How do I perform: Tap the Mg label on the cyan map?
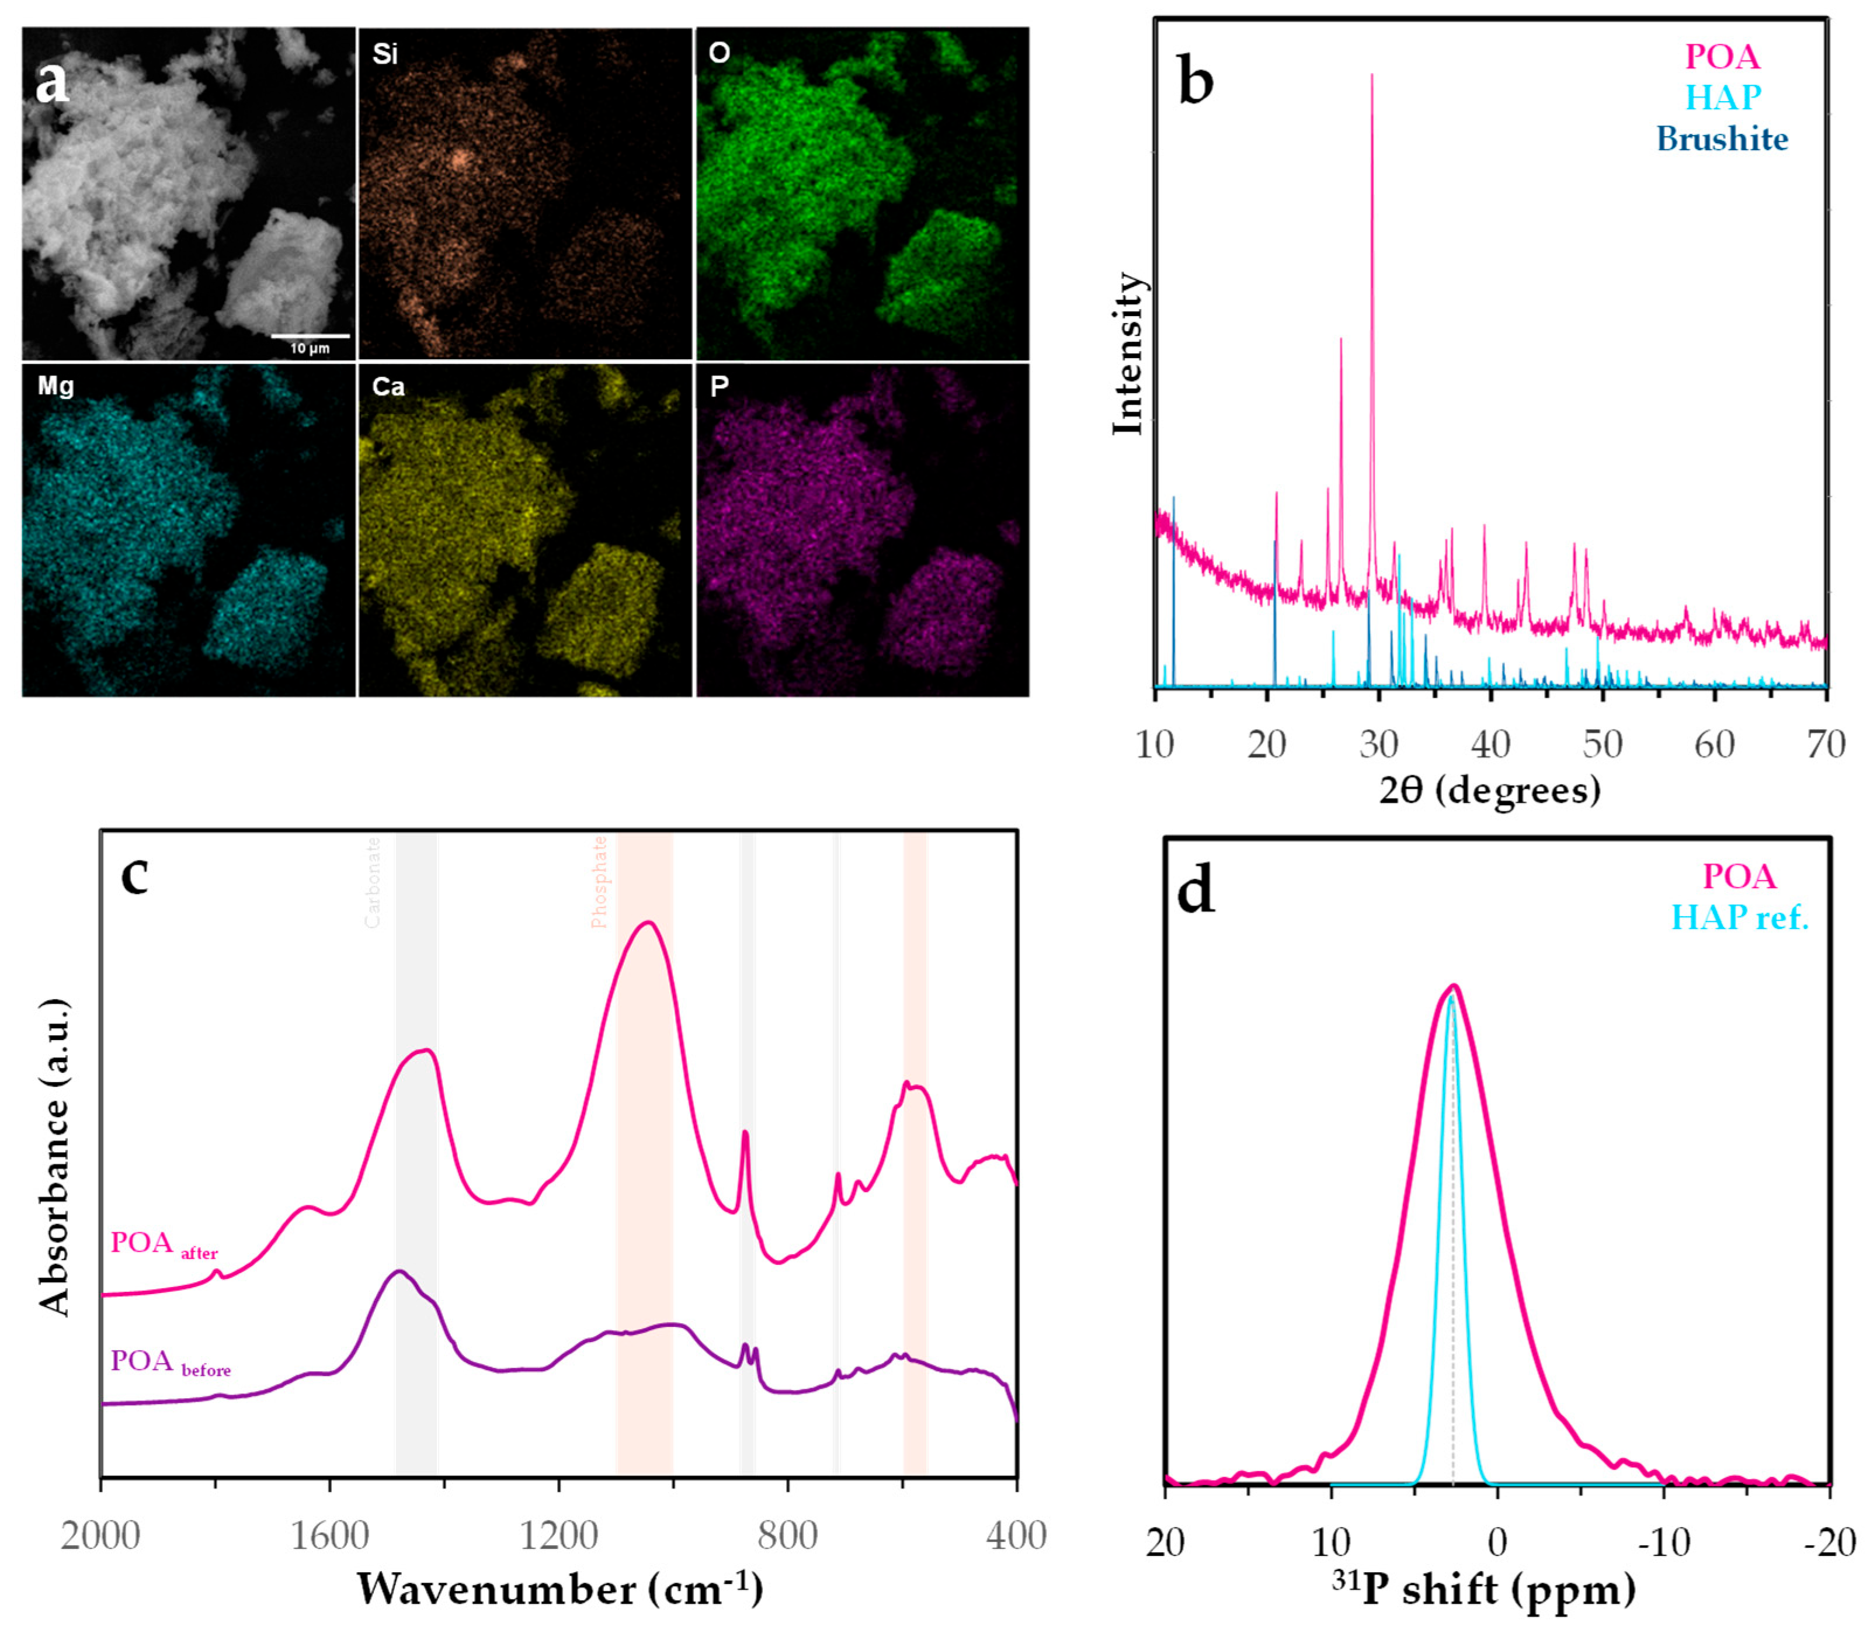click(x=55, y=386)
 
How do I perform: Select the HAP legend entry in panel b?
click(x=1722, y=96)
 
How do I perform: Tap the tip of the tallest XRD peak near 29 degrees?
click(x=1372, y=75)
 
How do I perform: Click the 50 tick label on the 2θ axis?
click(x=1602, y=744)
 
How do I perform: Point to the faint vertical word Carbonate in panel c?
click(x=373, y=882)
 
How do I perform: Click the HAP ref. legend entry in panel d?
click(x=1739, y=917)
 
